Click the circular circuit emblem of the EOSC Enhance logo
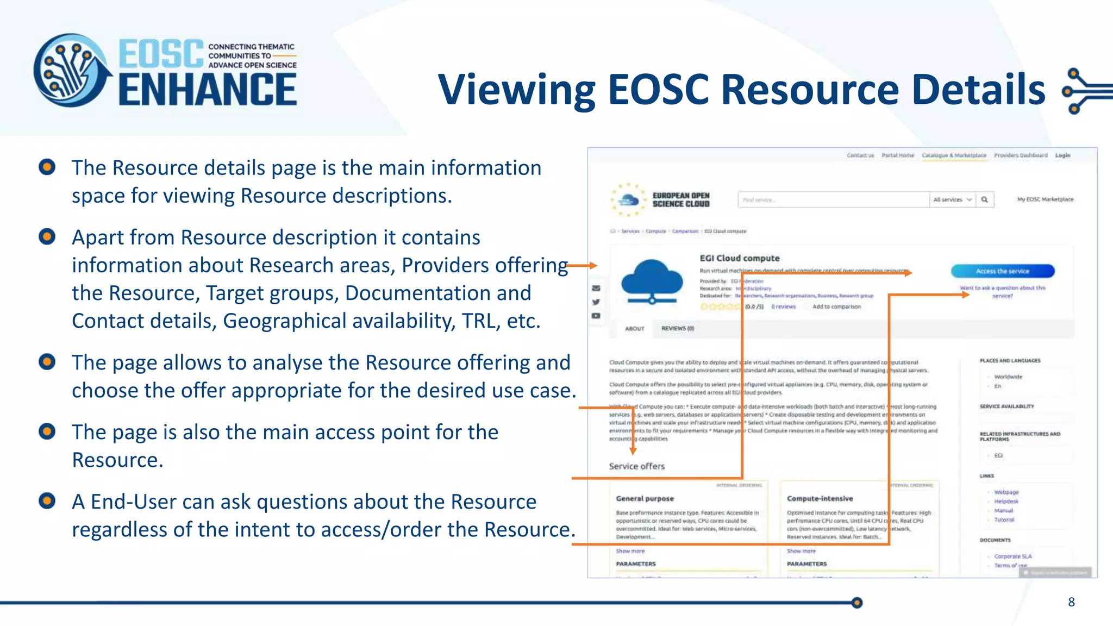[x=71, y=71]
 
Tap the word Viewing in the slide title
[x=516, y=90]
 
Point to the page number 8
[x=1071, y=602]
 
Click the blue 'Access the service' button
[x=1002, y=271]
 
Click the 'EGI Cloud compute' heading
[x=739, y=258]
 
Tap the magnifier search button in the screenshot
[x=984, y=200]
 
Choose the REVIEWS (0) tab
[x=677, y=329]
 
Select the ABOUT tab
[x=634, y=329]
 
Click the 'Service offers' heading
[x=636, y=466]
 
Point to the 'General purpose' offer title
[x=645, y=498]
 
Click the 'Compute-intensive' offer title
[x=820, y=498]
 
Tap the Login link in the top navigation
[x=1062, y=155]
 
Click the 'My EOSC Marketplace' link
[x=1045, y=199]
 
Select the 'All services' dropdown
[x=952, y=200]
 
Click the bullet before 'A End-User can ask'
[x=47, y=500]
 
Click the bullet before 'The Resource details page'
[x=47, y=167]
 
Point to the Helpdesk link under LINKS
[x=1006, y=502]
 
